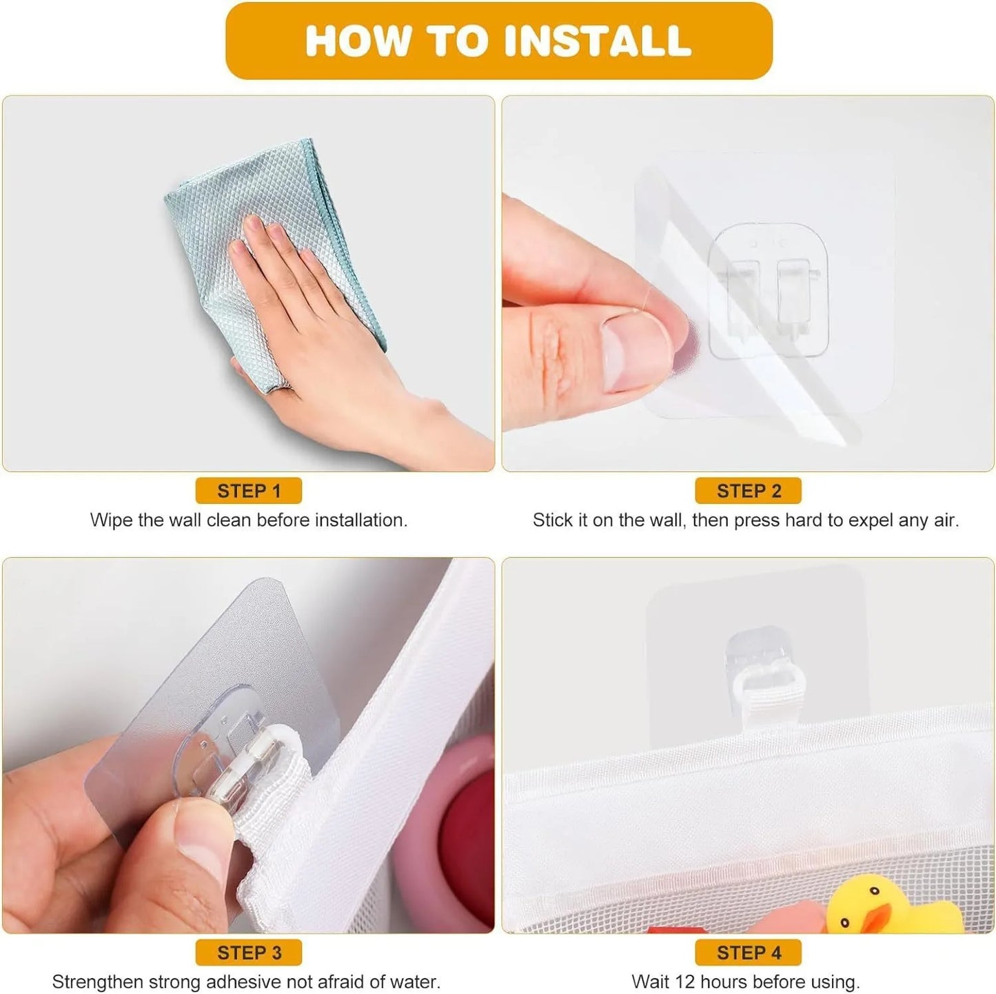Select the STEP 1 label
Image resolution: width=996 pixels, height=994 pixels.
[249, 491]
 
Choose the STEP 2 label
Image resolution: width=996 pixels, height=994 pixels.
[749, 491]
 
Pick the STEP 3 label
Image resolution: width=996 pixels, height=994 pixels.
[249, 952]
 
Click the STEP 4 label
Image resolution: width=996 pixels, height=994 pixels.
[749, 952]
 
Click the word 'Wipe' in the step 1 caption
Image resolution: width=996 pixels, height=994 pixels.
[112, 520]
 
